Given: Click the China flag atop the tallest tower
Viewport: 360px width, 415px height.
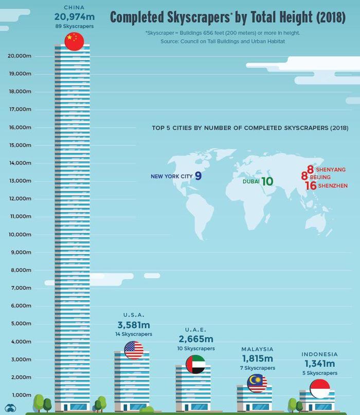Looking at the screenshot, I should pos(74,41).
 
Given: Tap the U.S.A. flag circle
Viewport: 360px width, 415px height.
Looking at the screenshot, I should pos(134,350).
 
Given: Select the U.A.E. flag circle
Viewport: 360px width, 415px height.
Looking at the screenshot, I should pos(195,364).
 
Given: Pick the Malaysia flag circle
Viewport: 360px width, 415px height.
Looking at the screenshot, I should pos(257,383).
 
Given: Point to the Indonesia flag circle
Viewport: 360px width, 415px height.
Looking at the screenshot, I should pos(319,389).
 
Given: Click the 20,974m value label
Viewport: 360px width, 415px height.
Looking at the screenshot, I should pos(74,17).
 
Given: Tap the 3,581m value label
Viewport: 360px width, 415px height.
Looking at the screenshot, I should pos(134,325).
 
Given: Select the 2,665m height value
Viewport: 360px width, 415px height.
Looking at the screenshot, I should pos(195,339).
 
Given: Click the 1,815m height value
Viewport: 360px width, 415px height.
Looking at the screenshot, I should pos(257,358).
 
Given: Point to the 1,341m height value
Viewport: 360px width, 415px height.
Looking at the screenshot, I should pos(319,364).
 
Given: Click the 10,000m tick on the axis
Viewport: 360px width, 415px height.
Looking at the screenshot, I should pos(20,234).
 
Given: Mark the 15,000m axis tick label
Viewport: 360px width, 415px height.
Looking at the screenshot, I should pos(20,146).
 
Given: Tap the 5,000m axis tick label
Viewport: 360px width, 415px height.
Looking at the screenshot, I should pos(21,323).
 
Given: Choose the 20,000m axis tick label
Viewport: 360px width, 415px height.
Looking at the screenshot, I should pos(20,56).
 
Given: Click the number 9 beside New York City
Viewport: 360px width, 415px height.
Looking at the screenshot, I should pos(198,176).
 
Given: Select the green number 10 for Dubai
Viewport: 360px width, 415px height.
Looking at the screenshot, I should pos(266,181).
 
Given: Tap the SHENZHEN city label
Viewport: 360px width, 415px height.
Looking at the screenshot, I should pos(333,186).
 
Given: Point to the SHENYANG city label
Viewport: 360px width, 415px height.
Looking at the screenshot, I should pos(330,169).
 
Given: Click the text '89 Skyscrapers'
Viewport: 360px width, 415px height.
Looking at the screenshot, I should pos(74,26).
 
